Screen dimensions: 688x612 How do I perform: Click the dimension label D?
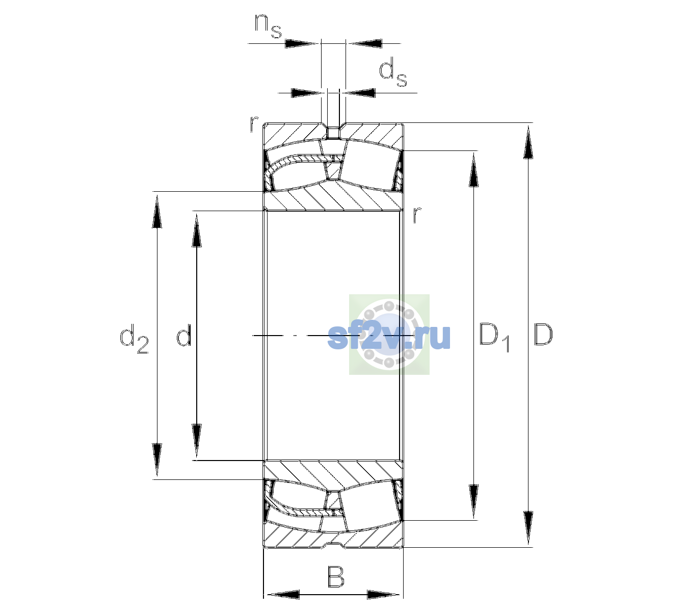click(x=543, y=335)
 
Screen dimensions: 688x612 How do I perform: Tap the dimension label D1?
click(x=494, y=337)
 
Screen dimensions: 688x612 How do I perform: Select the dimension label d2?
click(x=134, y=339)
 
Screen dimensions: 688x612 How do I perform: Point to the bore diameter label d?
click(x=183, y=335)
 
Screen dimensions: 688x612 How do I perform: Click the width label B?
click(x=335, y=576)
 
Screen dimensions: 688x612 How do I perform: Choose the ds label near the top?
click(x=393, y=72)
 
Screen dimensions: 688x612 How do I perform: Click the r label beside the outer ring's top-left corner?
click(x=254, y=124)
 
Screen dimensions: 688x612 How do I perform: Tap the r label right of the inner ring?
click(x=417, y=215)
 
